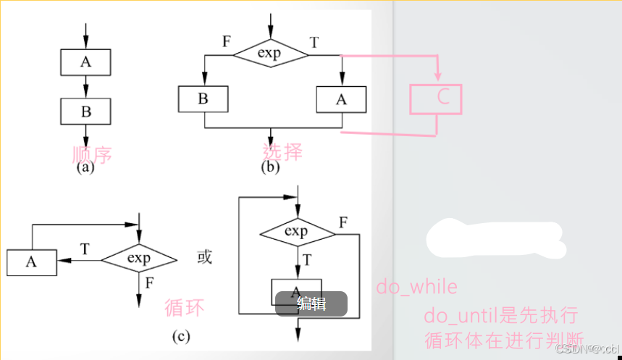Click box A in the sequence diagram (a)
[x=85, y=62]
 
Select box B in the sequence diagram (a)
[x=85, y=111]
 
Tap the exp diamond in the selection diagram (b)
[x=270, y=53]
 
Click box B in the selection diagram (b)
[x=203, y=99]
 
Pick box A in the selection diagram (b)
[x=342, y=99]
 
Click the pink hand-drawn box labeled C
[x=436, y=99]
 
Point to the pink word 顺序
[x=92, y=154]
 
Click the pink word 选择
[x=282, y=151]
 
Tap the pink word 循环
[x=184, y=307]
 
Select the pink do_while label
[x=416, y=288]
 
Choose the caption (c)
[x=180, y=335]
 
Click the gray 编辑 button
[x=311, y=304]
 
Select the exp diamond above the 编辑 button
[x=296, y=233]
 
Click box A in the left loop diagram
[x=31, y=262]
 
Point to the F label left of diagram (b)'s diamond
[x=227, y=41]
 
